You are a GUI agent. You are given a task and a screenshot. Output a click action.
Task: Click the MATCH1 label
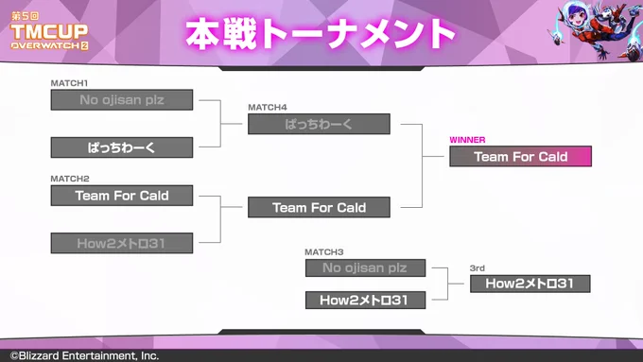[x=69, y=83]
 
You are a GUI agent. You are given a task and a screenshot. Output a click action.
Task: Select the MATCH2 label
[x=70, y=179]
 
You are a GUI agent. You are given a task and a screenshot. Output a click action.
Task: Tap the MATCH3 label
[x=324, y=252]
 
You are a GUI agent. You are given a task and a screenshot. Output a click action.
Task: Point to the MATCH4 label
[x=268, y=108]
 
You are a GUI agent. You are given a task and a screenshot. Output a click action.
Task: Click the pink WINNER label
[x=467, y=140]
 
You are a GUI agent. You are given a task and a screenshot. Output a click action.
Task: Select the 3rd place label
[x=477, y=268]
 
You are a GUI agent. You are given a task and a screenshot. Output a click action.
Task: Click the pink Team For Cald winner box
[x=520, y=156]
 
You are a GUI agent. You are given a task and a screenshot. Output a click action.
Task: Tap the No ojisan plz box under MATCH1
[x=122, y=100]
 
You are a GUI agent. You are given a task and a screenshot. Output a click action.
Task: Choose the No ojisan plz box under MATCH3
[x=365, y=267]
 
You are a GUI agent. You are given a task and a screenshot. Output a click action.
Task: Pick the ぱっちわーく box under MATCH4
[x=319, y=124]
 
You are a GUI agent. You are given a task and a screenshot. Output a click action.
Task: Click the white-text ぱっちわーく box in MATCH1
[x=122, y=147]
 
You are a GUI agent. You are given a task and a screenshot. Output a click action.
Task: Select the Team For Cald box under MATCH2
[x=122, y=196]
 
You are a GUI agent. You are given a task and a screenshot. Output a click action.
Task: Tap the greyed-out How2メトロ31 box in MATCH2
[x=122, y=243]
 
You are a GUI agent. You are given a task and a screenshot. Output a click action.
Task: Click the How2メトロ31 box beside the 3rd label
[x=530, y=284]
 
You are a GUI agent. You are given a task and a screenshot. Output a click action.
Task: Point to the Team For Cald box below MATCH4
[x=319, y=207]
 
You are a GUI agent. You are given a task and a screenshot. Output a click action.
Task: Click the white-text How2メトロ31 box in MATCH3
[x=365, y=301]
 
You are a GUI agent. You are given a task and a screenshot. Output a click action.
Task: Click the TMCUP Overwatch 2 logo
[x=49, y=31]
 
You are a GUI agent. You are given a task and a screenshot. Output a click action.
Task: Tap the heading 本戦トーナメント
[x=321, y=34]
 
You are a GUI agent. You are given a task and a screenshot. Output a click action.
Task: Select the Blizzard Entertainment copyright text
[x=84, y=355]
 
